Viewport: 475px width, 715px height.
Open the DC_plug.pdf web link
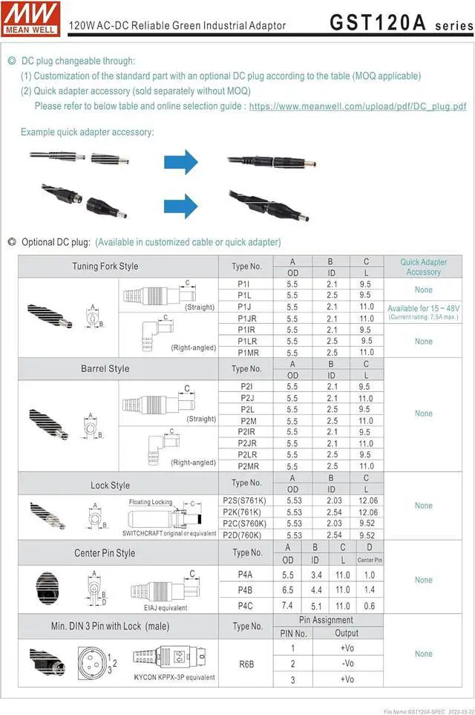coord(358,106)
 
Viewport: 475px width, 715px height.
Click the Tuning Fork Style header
coord(105,267)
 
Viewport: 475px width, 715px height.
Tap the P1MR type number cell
coord(246,353)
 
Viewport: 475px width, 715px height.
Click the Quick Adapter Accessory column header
coord(424,267)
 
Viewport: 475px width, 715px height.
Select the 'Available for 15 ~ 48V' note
coord(423,308)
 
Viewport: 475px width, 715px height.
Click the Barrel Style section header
coord(105,368)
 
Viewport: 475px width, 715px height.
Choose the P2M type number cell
coord(246,421)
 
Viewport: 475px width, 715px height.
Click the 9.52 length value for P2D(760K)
coord(367,535)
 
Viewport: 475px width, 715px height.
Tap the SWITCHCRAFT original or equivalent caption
coord(169,534)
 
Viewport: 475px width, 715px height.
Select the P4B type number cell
coord(245,590)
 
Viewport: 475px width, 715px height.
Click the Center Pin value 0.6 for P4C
coord(370,606)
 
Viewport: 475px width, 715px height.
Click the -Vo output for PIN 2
coord(346,664)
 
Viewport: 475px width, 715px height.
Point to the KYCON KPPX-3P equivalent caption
coord(174,677)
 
